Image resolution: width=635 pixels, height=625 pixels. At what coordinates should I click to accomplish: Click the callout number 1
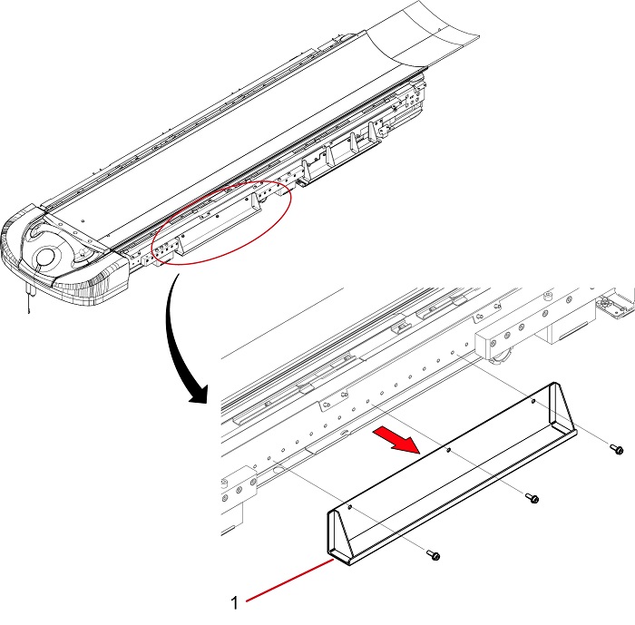[234, 602]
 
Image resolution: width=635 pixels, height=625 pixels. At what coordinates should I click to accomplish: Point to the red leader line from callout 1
[290, 580]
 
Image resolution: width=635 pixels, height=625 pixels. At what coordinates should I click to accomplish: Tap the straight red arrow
[396, 440]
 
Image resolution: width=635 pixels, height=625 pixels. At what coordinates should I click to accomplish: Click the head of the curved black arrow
[200, 394]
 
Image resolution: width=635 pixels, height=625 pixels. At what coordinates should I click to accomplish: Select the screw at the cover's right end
[617, 449]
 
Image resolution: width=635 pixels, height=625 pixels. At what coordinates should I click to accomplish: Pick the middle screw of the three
[532, 498]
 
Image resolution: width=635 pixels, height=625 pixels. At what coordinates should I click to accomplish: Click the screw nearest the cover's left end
[434, 554]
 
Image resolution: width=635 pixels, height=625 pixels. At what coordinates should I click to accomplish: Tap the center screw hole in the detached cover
[447, 450]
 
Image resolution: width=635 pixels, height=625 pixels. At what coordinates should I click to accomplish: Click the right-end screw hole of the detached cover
[533, 401]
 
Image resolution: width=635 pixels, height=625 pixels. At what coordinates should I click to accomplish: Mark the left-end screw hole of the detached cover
[350, 506]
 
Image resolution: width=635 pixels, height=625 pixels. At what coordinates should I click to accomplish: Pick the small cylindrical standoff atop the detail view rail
[549, 296]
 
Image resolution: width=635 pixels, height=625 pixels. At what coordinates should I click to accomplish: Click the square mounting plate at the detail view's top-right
[612, 305]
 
